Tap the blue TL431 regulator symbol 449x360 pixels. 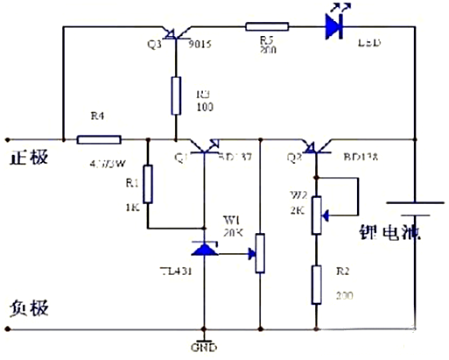[205, 250]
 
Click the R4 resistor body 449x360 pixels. [99, 138]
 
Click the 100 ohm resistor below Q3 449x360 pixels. [176, 94]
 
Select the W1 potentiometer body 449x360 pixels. [260, 253]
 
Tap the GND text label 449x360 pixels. [204, 348]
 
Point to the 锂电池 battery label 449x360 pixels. [390, 233]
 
